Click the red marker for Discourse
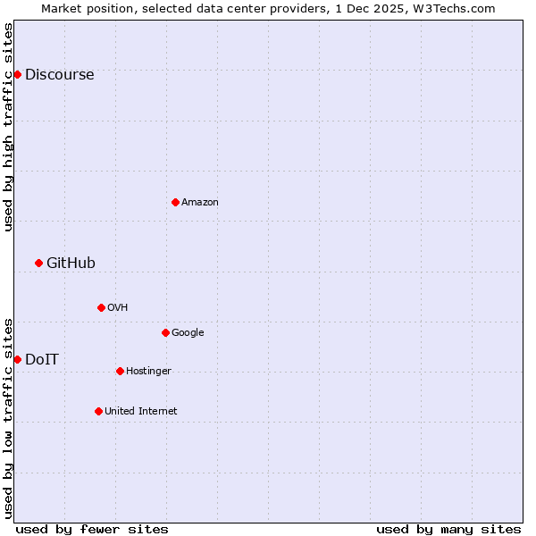17,74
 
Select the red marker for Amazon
175,202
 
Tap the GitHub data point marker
38,263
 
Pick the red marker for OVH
101,307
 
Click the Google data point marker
165,332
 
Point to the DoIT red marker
17,359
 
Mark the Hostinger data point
120,371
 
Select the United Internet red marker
98,411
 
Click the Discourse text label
59,75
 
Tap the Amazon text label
200,203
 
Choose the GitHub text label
71,264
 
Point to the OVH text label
118,308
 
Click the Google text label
188,333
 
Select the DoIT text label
42,360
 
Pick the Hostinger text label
148,372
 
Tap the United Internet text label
140,412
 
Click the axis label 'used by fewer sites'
92,529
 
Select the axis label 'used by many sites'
448,529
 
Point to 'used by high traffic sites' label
8,127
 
